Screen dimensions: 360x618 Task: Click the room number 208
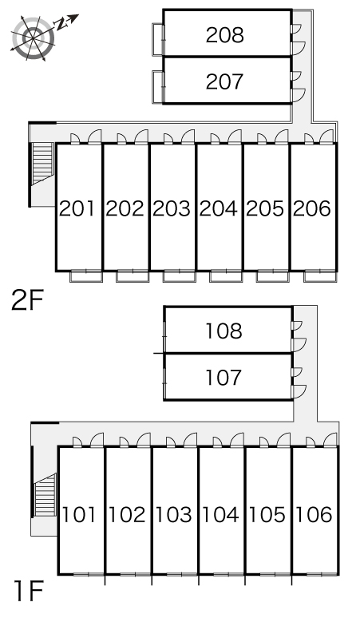[x=225, y=35]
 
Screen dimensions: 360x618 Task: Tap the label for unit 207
[x=224, y=81]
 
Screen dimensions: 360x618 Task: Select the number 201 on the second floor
[x=77, y=208]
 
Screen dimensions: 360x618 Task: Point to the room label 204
[x=218, y=208]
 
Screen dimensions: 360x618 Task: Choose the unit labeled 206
[x=312, y=208]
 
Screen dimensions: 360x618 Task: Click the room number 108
[x=224, y=331]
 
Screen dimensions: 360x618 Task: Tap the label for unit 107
[x=224, y=378]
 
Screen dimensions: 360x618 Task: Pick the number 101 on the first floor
[x=79, y=515]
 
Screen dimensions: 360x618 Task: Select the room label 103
[x=174, y=515]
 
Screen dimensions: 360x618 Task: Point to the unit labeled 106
[x=314, y=515]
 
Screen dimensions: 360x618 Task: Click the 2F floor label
[x=27, y=301]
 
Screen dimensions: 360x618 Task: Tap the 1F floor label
[x=28, y=591]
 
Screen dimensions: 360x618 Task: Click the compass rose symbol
[x=33, y=38]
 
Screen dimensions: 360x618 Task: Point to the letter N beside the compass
[x=61, y=24]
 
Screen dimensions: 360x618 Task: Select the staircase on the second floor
[x=42, y=164]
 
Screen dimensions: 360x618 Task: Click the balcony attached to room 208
[x=158, y=39]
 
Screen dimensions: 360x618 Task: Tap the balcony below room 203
[x=180, y=276]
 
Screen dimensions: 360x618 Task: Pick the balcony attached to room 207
[x=158, y=87]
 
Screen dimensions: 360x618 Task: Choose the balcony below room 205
[x=272, y=276]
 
